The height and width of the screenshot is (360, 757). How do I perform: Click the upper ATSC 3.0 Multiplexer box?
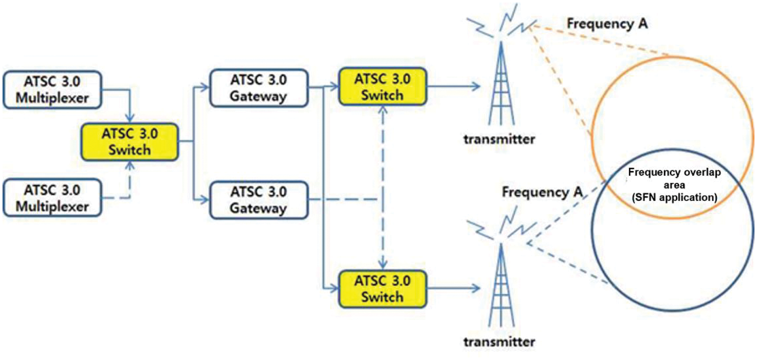coord(52,90)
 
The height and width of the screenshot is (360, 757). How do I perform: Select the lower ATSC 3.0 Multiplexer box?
coord(52,198)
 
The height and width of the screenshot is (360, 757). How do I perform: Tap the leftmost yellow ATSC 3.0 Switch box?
coord(130,142)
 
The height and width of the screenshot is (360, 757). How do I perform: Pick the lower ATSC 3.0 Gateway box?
coord(258,200)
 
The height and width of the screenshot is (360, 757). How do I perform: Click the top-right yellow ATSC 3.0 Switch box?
coord(383,87)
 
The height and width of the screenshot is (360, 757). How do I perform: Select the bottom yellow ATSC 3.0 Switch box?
coord(383,288)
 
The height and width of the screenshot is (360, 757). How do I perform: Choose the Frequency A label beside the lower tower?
coord(543,192)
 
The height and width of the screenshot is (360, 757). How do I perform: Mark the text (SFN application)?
coord(674,197)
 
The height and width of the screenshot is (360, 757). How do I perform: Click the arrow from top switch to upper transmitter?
coord(453,87)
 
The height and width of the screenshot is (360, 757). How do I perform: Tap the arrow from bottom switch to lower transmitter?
coord(453,288)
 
